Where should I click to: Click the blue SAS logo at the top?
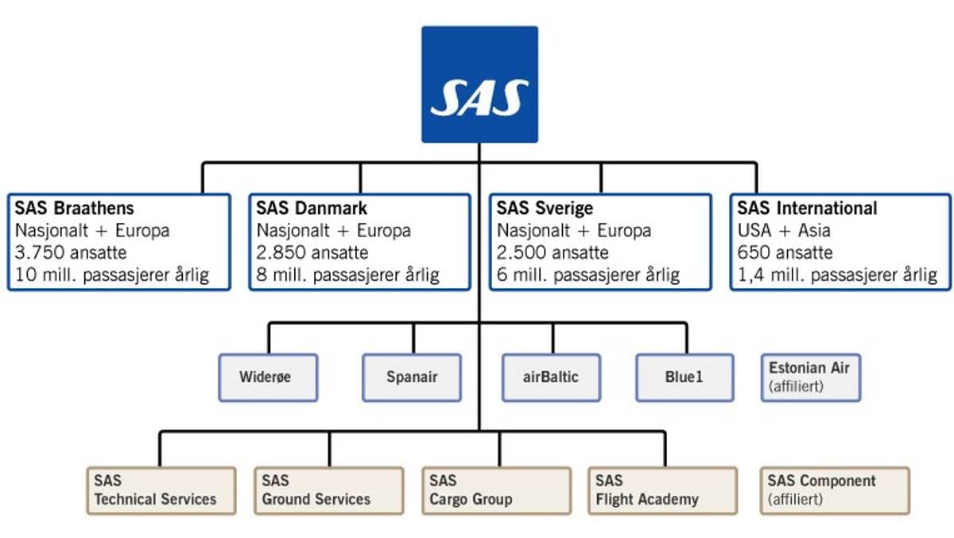coord(479,84)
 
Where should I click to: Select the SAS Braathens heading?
coord(74,209)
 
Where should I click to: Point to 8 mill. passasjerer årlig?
coord(348,275)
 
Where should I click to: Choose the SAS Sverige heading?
coord(545,209)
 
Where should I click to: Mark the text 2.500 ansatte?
coord(553,253)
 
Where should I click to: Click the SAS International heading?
coord(807,209)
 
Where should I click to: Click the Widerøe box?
coord(268,377)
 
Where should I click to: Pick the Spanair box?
coord(412,377)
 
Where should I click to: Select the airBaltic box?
coord(551,377)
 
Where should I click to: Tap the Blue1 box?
coord(684,377)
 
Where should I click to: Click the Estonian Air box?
coord(810,377)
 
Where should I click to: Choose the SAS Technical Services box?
coord(161,490)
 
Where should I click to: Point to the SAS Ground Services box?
coord(328,490)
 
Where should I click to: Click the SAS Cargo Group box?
coord(495,490)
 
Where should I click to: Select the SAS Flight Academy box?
coord(662,490)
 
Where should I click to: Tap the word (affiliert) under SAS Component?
coord(795,501)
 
